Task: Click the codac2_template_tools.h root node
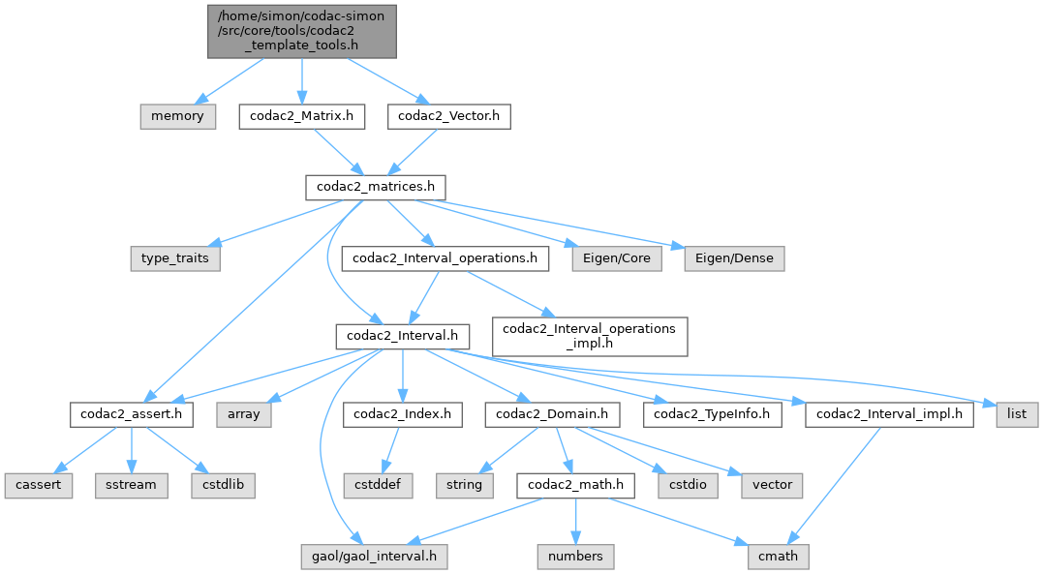coord(302,30)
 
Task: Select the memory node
coord(177,116)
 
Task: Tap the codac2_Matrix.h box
coord(302,116)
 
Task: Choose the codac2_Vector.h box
coord(449,116)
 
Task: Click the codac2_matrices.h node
coord(376,188)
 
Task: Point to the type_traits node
coord(175,258)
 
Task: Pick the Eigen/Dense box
coord(733,258)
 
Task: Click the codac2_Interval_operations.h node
coord(445,258)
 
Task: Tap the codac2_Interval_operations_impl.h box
coord(590,336)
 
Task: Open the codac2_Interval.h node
coord(402,336)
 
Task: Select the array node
coord(244,415)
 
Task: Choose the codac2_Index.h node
coord(402,415)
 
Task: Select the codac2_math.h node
coord(575,485)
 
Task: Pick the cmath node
coord(779,556)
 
